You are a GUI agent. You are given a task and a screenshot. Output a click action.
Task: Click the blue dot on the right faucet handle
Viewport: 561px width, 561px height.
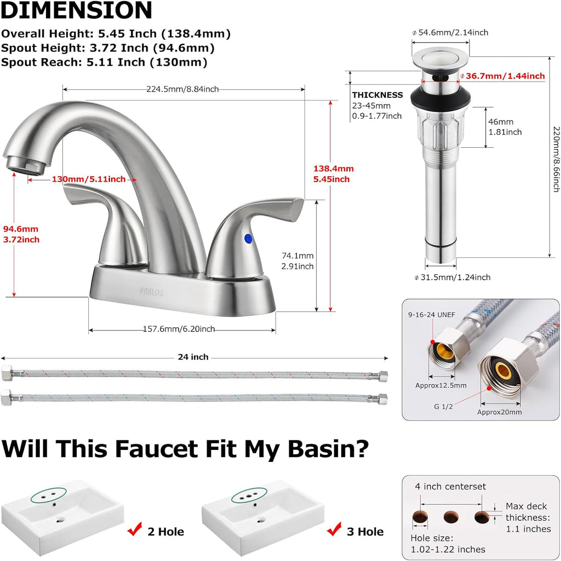tap(248, 238)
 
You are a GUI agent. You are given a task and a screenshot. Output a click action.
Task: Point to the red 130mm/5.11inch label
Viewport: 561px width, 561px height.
tap(89, 179)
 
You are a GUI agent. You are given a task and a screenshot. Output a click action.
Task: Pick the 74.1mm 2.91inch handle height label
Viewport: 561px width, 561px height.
tap(297, 261)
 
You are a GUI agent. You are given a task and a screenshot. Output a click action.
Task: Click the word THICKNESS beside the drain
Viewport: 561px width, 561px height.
tap(377, 95)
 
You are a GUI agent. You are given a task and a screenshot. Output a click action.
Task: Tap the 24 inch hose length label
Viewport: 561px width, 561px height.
tap(193, 357)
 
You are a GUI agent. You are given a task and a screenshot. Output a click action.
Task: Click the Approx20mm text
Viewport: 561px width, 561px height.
tap(499, 412)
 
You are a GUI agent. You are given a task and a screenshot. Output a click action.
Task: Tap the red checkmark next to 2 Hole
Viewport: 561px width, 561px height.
tap(134, 530)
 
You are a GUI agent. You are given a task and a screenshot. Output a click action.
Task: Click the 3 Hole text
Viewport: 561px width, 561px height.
tap(365, 531)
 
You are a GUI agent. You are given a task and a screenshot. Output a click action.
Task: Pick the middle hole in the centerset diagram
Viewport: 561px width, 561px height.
tap(451, 517)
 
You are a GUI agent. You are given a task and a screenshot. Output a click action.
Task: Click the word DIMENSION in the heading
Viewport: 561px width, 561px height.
tap(76, 11)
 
